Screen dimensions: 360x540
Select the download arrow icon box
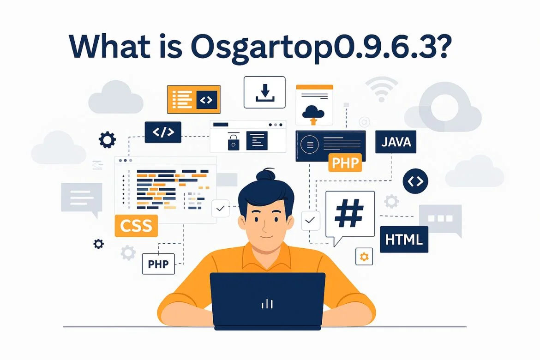pyautogui.click(x=264, y=92)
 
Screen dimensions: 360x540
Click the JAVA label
pyautogui.click(x=396, y=142)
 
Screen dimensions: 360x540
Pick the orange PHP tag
pyautogui.click(x=345, y=162)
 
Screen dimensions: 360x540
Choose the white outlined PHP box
pyautogui.click(x=158, y=264)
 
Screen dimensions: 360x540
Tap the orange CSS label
pyautogui.click(x=136, y=226)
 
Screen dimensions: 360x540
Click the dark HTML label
pyautogui.click(x=404, y=240)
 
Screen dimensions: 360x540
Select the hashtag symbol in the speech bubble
pyautogui.click(x=349, y=213)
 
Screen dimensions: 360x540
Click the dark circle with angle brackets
pyautogui.click(x=415, y=181)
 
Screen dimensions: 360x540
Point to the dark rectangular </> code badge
pyautogui.click(x=163, y=132)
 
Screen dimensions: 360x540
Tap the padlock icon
pyautogui.click(x=234, y=141)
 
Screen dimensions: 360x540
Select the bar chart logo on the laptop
pyautogui.click(x=267, y=304)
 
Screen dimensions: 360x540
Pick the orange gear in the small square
pyautogui.click(x=364, y=256)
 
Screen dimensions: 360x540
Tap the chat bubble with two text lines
pyautogui.click(x=82, y=198)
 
